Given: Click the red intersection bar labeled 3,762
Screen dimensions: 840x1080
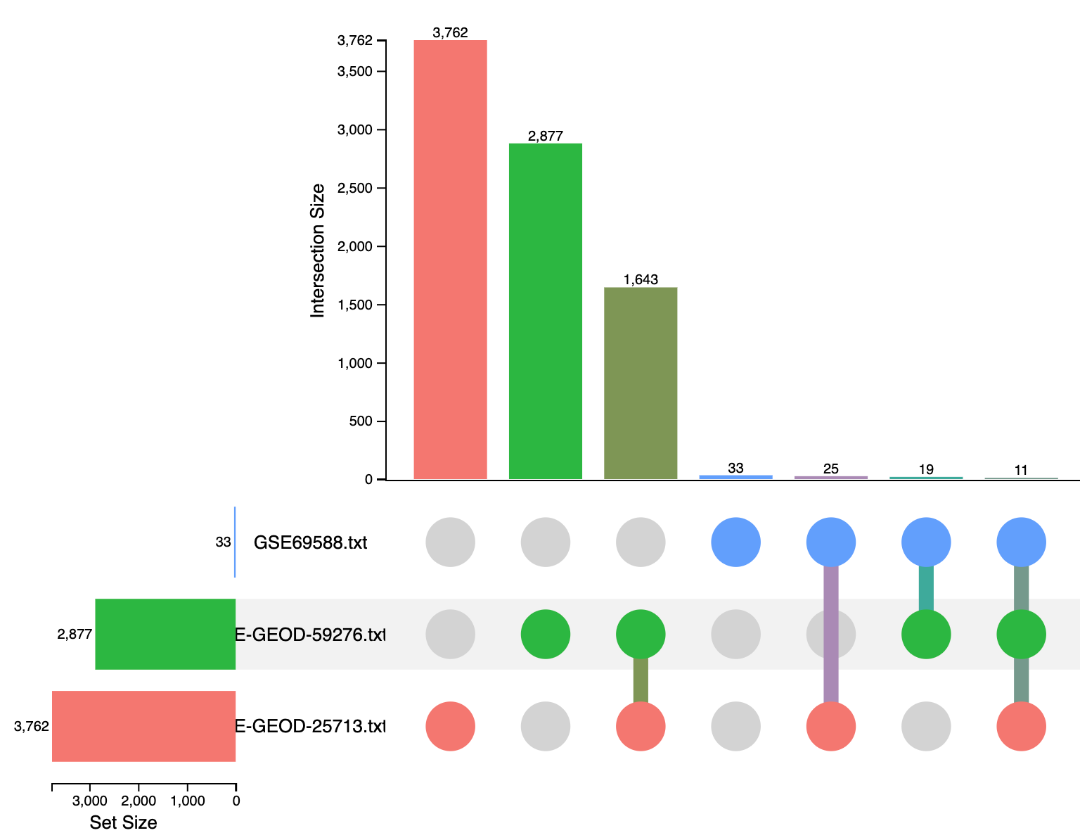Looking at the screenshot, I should [x=450, y=260].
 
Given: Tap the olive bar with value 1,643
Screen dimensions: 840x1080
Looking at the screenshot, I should [x=640, y=383].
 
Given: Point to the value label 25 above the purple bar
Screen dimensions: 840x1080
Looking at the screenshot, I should [x=830, y=469].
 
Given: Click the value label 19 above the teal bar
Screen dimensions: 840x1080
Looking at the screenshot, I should [x=925, y=469].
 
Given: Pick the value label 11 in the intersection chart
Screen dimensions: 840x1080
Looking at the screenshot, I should [x=1021, y=470].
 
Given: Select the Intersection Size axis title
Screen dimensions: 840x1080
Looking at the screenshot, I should [x=318, y=250].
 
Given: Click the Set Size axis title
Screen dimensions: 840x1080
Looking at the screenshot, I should [x=123, y=822].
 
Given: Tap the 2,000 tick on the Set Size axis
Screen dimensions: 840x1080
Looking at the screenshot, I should [x=139, y=801].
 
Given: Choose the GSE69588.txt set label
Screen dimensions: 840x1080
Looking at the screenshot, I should [x=310, y=543].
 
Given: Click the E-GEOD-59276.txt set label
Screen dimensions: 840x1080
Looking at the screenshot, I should [x=310, y=635].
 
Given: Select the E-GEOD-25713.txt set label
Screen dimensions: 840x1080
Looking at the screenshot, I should [x=310, y=726].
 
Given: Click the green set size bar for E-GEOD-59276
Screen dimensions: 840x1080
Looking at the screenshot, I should [x=165, y=634].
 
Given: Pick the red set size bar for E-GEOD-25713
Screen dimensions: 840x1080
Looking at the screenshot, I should [x=143, y=726].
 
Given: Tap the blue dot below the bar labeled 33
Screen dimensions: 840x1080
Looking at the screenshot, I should [x=735, y=542].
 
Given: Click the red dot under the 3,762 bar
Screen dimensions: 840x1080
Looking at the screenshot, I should [x=450, y=726].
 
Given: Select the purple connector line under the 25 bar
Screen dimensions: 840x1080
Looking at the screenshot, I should [x=831, y=633].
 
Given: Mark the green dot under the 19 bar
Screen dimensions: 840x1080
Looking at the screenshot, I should [x=926, y=634].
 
